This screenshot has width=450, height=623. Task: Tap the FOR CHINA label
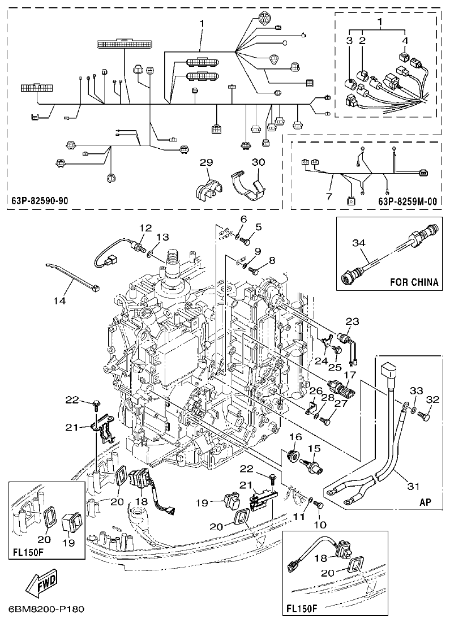click(414, 282)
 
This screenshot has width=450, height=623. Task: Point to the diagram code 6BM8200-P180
click(46, 609)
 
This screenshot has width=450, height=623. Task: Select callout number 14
click(60, 300)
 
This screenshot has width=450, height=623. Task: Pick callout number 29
click(206, 163)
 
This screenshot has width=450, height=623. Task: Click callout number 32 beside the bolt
click(432, 399)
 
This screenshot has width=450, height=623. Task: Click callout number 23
click(352, 321)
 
